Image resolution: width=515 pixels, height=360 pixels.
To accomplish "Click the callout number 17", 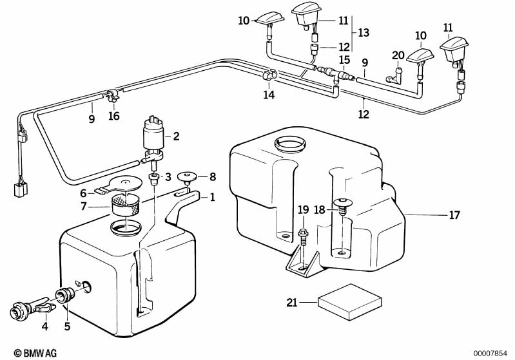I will coord(454,215).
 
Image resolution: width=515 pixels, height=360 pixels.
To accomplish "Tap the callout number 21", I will coord(292,301).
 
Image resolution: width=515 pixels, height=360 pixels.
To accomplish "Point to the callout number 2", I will coord(176,136).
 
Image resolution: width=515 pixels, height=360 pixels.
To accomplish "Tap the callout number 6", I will coord(83,193).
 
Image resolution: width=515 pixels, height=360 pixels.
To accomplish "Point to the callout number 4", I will coord(44,327).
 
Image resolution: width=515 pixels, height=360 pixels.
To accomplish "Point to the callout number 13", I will coord(364,32).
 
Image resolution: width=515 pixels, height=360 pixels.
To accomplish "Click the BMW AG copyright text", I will coord(26,353).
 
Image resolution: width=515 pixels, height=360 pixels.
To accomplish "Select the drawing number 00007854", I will coord(491,353).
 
